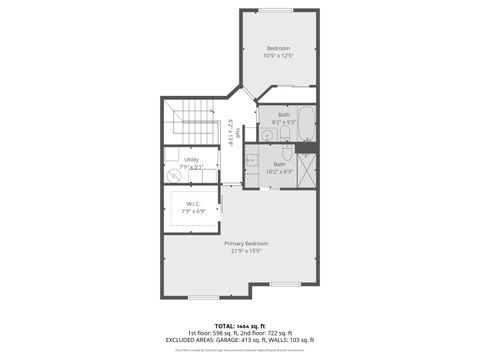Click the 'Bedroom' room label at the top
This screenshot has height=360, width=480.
[x=278, y=48]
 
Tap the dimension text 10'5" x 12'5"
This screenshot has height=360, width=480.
[x=278, y=56]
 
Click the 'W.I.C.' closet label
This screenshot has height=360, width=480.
[x=193, y=204]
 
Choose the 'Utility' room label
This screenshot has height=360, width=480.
[x=191, y=159]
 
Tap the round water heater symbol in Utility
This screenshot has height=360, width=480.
[x=177, y=175]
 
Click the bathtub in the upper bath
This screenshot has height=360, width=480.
[x=305, y=126]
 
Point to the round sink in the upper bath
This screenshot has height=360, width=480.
[x=267, y=134]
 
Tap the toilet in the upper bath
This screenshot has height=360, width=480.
[x=284, y=133]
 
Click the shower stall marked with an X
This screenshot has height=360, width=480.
[x=306, y=168]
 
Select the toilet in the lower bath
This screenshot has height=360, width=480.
[x=287, y=155]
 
